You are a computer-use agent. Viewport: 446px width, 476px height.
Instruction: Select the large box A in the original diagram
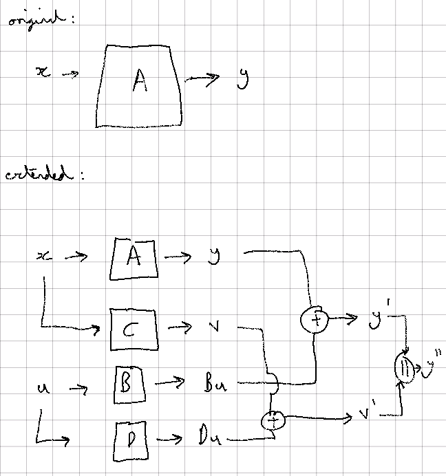[x=139, y=85]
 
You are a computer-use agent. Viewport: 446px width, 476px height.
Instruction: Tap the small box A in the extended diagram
[x=134, y=259]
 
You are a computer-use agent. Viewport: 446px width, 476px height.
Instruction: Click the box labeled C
[x=133, y=330]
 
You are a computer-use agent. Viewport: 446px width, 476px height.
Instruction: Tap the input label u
[x=41, y=389]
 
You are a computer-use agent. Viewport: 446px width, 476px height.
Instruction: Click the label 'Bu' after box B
[x=214, y=384]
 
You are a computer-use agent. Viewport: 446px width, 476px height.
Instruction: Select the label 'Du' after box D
[x=210, y=436]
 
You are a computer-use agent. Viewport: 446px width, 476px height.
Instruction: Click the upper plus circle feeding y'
[x=314, y=320]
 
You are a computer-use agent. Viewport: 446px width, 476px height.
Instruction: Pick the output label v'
[x=365, y=414]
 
